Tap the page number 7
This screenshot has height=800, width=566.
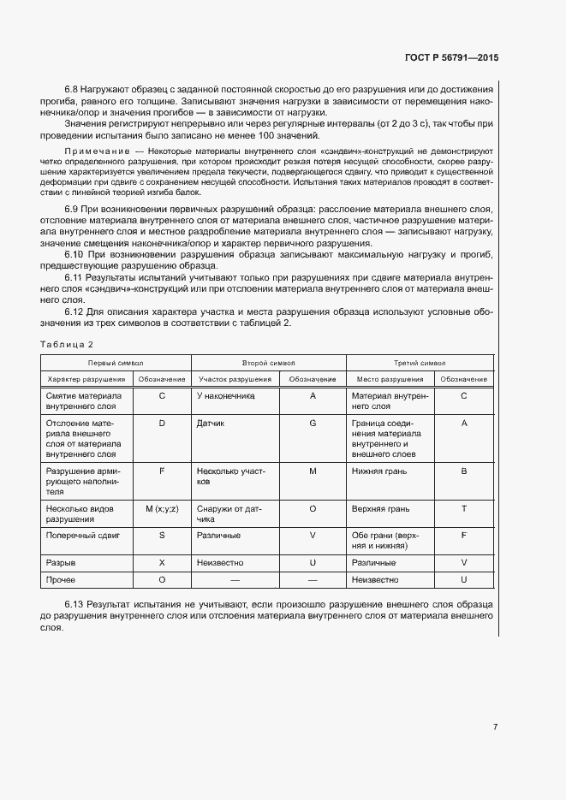(x=495, y=727)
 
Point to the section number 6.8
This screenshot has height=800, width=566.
(x=72, y=90)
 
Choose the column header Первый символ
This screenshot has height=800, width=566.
(x=116, y=363)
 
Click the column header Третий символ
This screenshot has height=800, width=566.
(x=420, y=363)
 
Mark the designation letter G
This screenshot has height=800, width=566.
(x=313, y=423)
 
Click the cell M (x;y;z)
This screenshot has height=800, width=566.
(x=162, y=509)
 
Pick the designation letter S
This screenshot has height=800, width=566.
(x=162, y=536)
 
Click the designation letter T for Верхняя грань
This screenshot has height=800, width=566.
(x=463, y=509)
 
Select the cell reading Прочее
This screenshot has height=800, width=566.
(x=62, y=580)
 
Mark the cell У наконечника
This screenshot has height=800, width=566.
(x=225, y=396)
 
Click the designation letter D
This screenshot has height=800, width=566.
(x=162, y=423)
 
